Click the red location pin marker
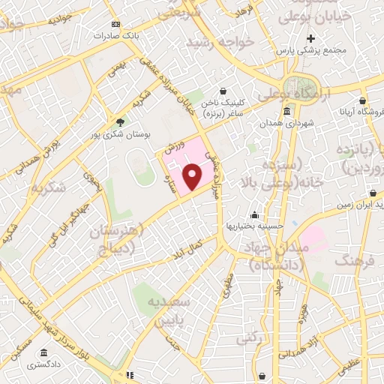[193, 177]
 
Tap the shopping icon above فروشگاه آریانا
[363, 100]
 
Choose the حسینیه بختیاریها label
[253, 225]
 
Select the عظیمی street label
[349, 367]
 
